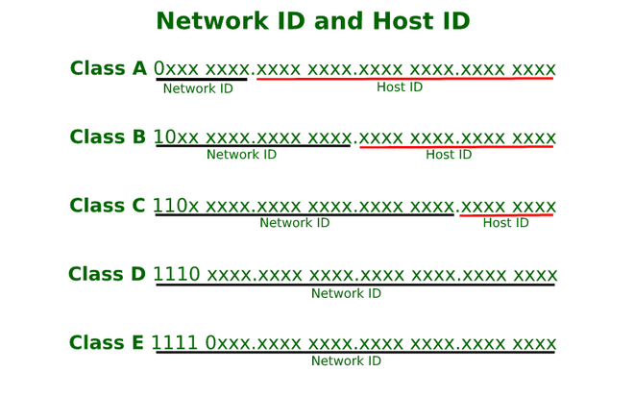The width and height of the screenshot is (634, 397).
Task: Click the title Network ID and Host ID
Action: pos(312,21)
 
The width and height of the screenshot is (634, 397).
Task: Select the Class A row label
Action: pos(109,69)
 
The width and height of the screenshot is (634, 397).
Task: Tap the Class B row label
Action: pos(109,137)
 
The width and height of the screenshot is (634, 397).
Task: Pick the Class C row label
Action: pos(108,206)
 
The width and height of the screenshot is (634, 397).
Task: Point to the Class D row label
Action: pos(107,275)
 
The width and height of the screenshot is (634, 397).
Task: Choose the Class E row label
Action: pos(107,343)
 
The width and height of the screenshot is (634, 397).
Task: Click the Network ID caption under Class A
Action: pos(198,88)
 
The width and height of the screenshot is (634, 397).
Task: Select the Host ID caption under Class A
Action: pos(400,87)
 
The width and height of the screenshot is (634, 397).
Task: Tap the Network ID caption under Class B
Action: pos(241,155)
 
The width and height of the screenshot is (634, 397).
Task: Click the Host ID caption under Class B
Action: pos(449,155)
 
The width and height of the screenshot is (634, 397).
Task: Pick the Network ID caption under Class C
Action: pos(295,223)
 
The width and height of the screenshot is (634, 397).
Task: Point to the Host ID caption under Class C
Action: pos(505,223)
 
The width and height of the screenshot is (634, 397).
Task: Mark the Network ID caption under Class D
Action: pos(346,293)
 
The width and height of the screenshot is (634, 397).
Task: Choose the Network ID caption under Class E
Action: pos(346,361)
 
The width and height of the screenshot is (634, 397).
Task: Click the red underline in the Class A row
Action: pos(404,79)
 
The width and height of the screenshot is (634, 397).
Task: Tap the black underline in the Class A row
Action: pos(202,79)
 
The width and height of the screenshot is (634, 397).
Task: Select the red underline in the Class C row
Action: pos(506,215)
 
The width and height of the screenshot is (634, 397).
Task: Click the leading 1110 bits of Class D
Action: pos(177,275)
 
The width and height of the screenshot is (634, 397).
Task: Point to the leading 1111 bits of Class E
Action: pos(175,343)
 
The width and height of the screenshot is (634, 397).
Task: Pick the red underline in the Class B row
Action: pos(456,147)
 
